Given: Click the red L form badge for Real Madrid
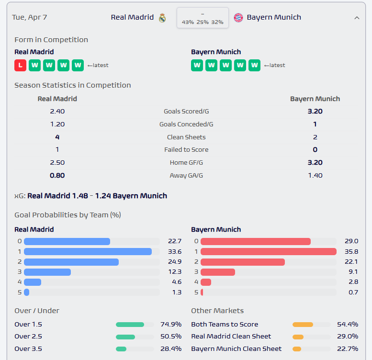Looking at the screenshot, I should (x=20, y=65).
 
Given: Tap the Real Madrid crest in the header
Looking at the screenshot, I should (x=162, y=18).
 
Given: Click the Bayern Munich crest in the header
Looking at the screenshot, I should (x=238, y=18).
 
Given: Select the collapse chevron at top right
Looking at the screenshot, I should (x=357, y=18).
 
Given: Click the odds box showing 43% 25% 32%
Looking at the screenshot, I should (x=203, y=18).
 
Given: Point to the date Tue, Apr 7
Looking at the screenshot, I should (x=30, y=17).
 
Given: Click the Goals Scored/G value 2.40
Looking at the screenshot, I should (x=57, y=112).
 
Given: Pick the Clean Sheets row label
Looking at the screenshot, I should (x=186, y=137).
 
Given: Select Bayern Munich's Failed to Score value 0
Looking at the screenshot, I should (x=315, y=150).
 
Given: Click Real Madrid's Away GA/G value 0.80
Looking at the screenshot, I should (x=57, y=175).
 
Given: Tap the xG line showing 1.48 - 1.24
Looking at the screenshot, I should (x=91, y=196).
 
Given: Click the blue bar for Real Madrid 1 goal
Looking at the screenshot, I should (x=88, y=252).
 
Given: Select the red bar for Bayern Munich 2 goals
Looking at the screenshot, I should (x=243, y=262).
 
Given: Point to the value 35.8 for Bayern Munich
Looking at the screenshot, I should (x=351, y=252).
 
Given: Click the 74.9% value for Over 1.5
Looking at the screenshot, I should (x=170, y=324).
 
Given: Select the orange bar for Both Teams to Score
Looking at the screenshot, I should (x=303, y=324).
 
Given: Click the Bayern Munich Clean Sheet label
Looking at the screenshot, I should (x=236, y=349).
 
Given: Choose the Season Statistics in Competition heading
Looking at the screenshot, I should (x=72, y=85).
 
